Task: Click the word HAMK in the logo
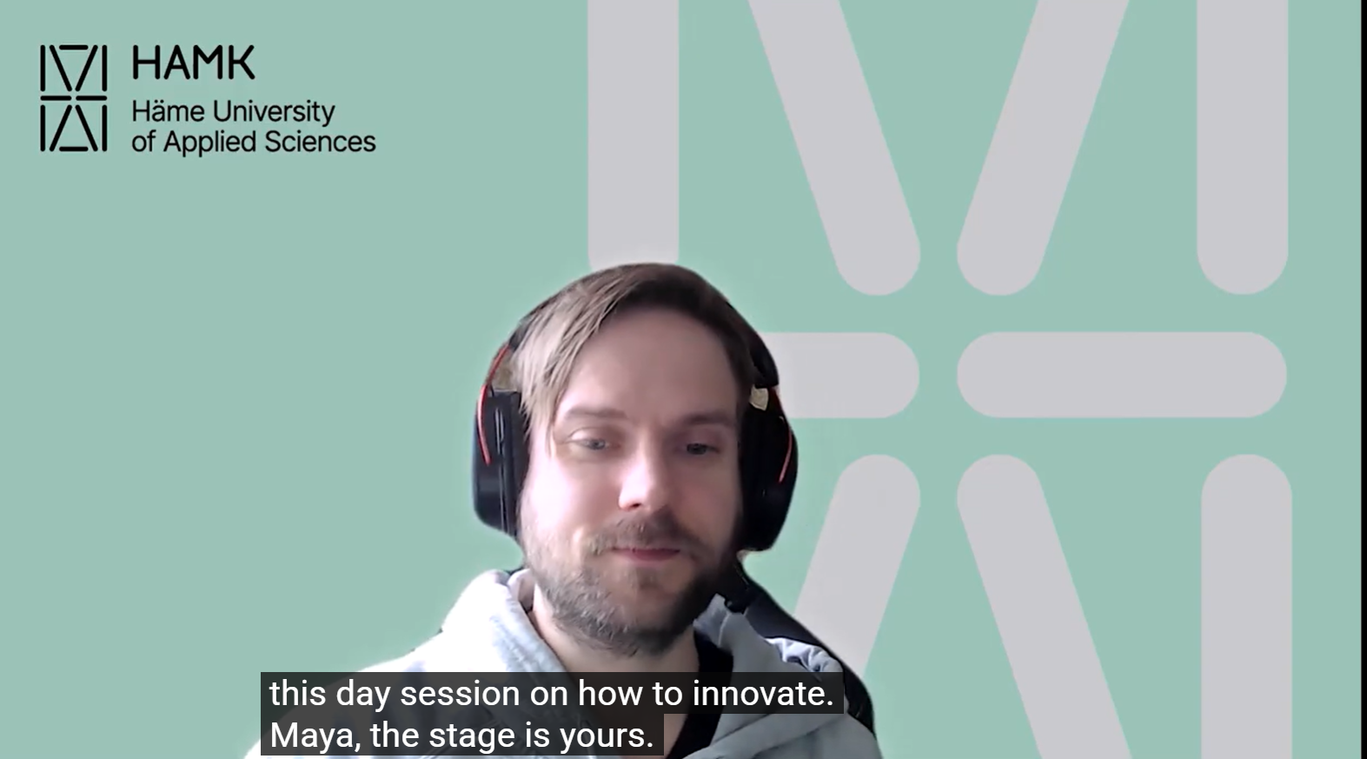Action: [193, 63]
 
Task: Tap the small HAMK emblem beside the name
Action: [73, 98]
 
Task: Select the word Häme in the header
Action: [168, 111]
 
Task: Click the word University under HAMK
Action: [273, 113]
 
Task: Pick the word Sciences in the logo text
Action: [320, 141]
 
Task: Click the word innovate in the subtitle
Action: [761, 694]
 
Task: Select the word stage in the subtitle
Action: [474, 736]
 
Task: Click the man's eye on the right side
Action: [698, 449]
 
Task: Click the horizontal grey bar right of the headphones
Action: [1121, 374]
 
